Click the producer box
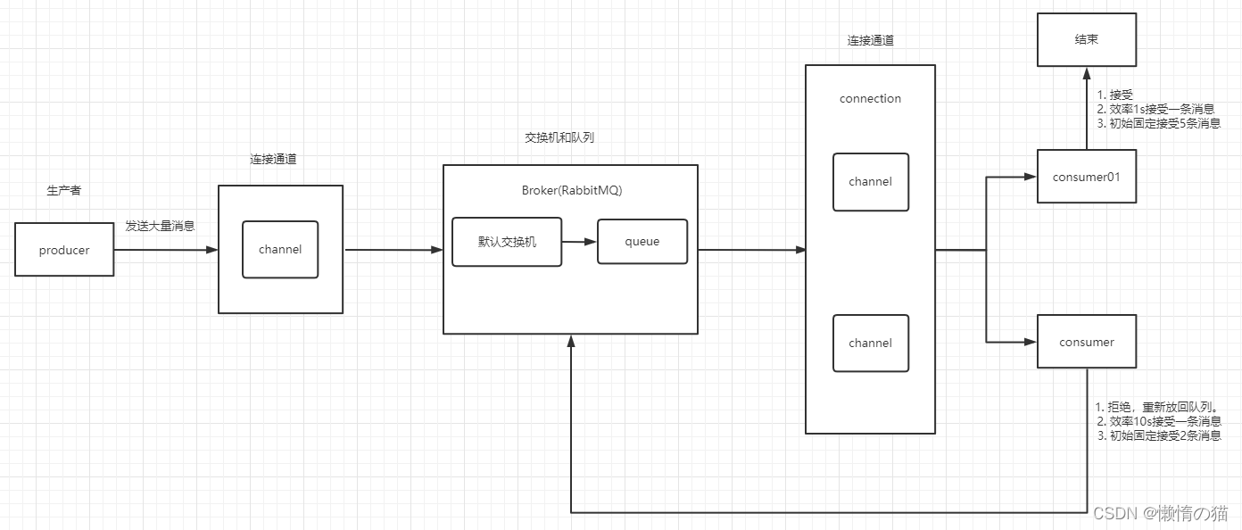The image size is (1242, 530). coord(64,250)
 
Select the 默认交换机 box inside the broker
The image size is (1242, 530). coord(507,241)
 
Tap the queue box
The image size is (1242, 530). coord(642,241)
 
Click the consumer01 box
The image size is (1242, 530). coord(1086,176)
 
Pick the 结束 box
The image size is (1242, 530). coord(1086,39)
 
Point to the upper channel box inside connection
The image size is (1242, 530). coord(870,182)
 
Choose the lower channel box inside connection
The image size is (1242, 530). coord(870,343)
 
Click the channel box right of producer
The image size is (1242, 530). coord(280,250)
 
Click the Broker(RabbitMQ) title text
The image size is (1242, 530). coord(571,190)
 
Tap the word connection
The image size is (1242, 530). coord(870,98)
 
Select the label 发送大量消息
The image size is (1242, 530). coord(160,227)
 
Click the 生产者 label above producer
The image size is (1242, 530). coord(63,191)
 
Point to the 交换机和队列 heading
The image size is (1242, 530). coord(559,138)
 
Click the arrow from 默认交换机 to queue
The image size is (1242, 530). coord(579,241)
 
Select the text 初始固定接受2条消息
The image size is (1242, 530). coord(1158,436)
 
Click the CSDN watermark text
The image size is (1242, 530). coord(1160,513)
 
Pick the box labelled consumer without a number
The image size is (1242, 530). coord(1086,342)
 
